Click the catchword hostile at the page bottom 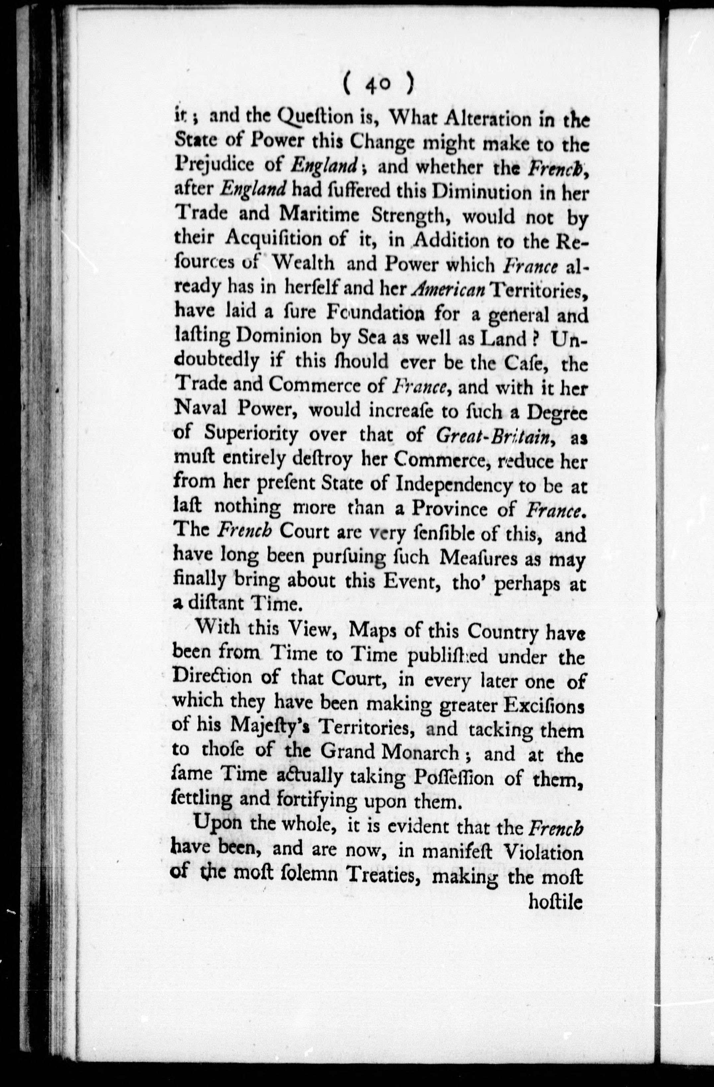(x=555, y=902)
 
